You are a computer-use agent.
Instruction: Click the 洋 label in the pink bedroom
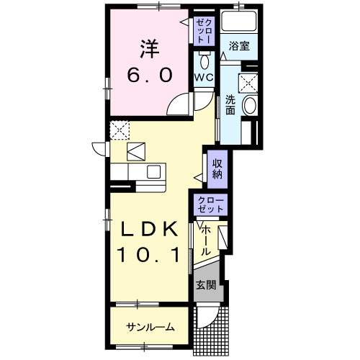[150, 50]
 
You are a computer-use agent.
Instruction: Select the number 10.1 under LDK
[148, 255]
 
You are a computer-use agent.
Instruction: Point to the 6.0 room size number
[150, 75]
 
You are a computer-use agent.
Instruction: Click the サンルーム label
[150, 327]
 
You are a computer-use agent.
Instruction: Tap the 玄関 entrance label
[206, 285]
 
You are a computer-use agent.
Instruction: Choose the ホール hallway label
[205, 240]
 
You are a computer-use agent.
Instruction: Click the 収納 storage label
[217, 169]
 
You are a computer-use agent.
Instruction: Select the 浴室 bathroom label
[239, 46]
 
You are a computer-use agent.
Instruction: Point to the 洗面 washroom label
[230, 105]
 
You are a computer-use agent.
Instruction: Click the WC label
[204, 77]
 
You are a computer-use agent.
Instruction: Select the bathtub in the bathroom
[239, 21]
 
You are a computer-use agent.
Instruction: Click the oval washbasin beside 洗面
[250, 105]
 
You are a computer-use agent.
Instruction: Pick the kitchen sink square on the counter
[153, 171]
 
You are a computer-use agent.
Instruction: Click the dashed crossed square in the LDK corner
[120, 130]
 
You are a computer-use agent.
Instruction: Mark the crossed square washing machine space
[248, 83]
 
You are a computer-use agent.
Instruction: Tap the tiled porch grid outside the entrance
[211, 331]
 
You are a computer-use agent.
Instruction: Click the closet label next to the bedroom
[204, 31]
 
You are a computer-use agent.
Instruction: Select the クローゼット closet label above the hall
[210, 204]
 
